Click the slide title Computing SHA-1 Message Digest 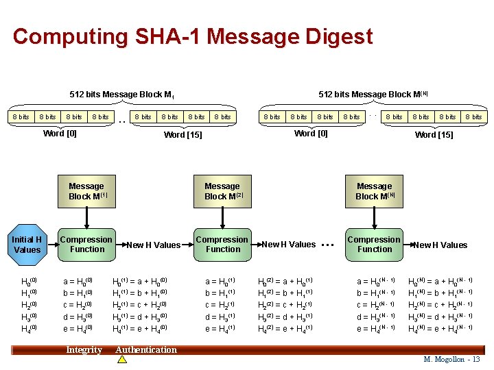pos(193,36)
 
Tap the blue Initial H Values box pos(27,245)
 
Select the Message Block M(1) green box pos(86,191)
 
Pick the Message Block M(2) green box pos(222,191)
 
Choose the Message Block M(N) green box pos(375,191)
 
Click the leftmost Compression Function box pos(86,245)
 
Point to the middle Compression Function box pos(222,245)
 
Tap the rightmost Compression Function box pos(375,245)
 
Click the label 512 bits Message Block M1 pos(121,95)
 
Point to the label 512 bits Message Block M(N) pos(373,95)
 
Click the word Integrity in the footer pos(84,350)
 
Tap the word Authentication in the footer pos(146,350)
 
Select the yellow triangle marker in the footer pos(122,359)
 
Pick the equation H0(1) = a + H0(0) pos(140,281)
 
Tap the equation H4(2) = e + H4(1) pos(285,329)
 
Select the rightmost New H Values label pos(440,245)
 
